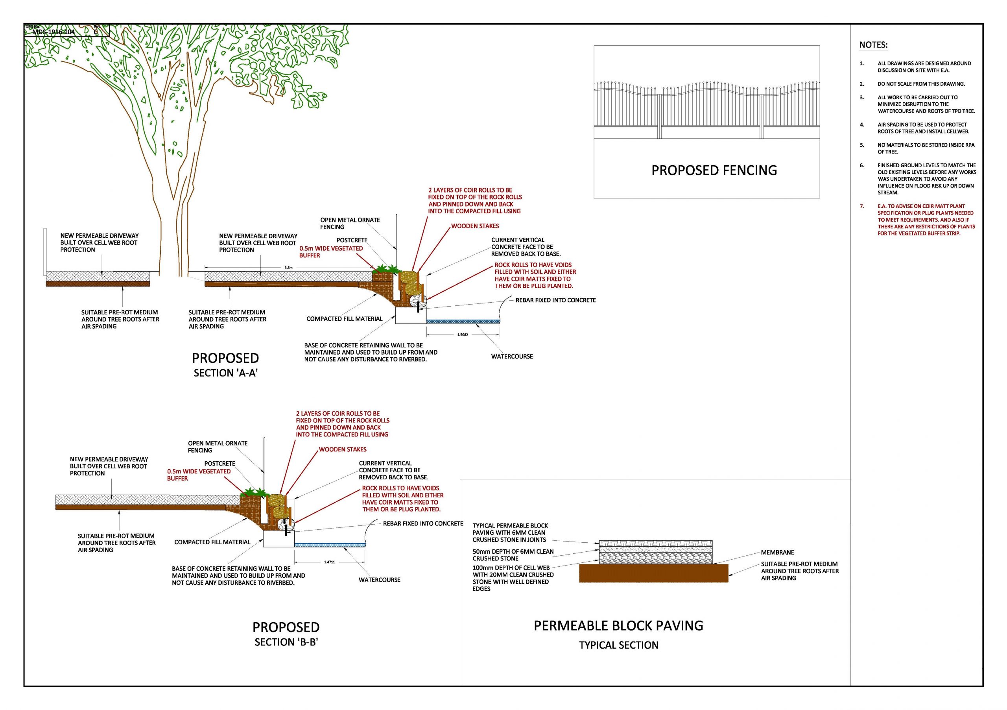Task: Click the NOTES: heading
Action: click(873, 45)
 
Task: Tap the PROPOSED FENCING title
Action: click(714, 170)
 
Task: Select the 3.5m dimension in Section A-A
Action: click(288, 267)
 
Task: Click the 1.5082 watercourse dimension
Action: click(462, 335)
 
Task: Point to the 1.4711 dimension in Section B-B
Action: click(329, 562)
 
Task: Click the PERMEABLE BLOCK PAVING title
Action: click(618, 625)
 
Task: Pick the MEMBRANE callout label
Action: click(777, 553)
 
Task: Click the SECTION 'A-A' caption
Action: click(225, 373)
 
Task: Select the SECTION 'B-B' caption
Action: click(286, 642)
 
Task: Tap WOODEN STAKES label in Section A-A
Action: click(475, 226)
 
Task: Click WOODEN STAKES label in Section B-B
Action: click(343, 449)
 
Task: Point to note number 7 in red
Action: click(862, 206)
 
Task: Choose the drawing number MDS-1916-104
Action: click(53, 32)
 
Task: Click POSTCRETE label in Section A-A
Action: click(352, 240)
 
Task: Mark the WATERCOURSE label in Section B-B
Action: click(379, 580)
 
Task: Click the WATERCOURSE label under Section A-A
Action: click(512, 356)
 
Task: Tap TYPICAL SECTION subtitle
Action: click(618, 645)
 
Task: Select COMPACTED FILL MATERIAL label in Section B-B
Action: click(212, 542)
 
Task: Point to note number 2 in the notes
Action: click(862, 84)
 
